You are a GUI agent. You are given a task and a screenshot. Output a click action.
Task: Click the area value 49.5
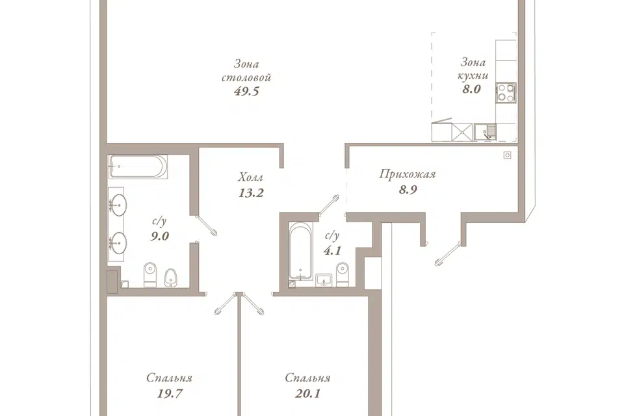(x=247, y=91)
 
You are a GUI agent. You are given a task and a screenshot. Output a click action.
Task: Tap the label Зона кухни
(x=473, y=68)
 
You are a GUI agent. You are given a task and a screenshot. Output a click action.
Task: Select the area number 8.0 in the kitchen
(x=472, y=89)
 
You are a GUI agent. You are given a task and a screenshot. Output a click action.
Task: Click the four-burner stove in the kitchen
(x=506, y=92)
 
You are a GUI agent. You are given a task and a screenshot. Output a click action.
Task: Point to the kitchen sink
(x=485, y=132)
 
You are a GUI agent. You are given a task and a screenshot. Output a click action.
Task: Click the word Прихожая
(x=408, y=174)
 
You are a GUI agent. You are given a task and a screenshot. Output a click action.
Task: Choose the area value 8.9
(x=408, y=190)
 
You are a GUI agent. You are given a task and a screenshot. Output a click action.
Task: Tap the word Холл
(x=251, y=177)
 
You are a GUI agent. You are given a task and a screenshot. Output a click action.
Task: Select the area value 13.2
(x=251, y=193)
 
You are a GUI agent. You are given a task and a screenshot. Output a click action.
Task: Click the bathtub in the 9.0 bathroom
(x=138, y=167)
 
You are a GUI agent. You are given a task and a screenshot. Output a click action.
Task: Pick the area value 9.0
(x=160, y=236)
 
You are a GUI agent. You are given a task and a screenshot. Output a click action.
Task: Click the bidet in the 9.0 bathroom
(x=171, y=278)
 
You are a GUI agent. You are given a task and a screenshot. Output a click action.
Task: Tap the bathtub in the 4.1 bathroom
(x=301, y=251)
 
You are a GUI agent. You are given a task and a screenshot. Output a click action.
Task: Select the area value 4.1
(x=332, y=251)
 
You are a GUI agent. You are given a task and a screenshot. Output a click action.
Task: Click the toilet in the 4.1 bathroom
(x=343, y=274)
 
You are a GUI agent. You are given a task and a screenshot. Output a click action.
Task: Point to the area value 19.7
(x=170, y=394)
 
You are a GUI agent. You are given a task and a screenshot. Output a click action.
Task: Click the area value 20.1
(x=307, y=394)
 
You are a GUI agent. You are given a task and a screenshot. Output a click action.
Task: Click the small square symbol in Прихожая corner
(x=507, y=155)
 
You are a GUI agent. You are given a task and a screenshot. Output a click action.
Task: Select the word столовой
(x=246, y=77)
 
